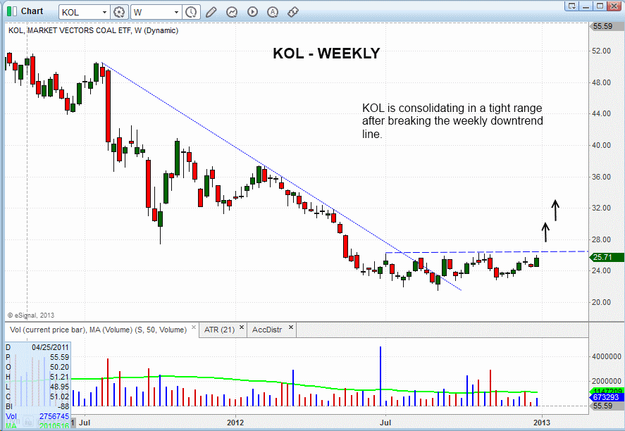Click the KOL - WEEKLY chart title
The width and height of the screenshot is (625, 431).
[326, 54]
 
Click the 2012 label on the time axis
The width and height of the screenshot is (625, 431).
[235, 422]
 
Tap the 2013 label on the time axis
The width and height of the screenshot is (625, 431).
[540, 422]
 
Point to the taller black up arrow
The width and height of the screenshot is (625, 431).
[555, 210]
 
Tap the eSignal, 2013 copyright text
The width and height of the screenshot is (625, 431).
[31, 315]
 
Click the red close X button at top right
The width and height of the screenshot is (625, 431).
[617, 6]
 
